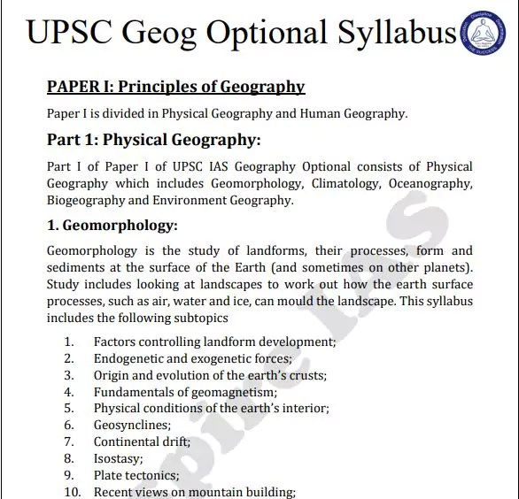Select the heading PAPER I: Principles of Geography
175,87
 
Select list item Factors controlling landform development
214,342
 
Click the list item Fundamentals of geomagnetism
185,392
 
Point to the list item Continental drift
142,441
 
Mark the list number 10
73,492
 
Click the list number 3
69,375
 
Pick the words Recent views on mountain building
194,492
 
